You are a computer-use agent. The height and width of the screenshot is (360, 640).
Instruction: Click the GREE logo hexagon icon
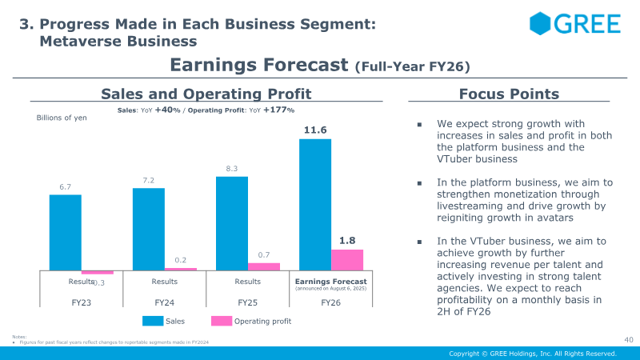pyautogui.click(x=542, y=23)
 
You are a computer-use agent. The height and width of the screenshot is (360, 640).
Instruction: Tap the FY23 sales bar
pyautogui.click(x=66, y=232)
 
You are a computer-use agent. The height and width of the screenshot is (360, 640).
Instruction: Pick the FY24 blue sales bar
pyautogui.click(x=149, y=229)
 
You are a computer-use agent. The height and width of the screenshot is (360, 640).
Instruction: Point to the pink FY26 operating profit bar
pyautogui.click(x=347, y=260)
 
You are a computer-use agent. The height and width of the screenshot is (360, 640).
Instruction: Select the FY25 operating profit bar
pyautogui.click(x=264, y=266)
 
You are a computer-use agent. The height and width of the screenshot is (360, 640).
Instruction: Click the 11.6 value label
pyautogui.click(x=315, y=130)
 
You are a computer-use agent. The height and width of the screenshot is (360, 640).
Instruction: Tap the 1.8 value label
pyautogui.click(x=347, y=239)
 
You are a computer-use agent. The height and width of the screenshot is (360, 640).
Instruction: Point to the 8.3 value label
pyautogui.click(x=232, y=168)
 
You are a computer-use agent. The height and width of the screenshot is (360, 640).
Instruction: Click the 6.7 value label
pyautogui.click(x=66, y=186)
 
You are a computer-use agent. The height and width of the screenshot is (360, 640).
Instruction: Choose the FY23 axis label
pyautogui.click(x=82, y=303)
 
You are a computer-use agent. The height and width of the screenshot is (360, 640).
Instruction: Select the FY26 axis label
pyautogui.click(x=331, y=303)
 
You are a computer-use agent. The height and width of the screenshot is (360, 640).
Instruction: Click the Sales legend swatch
pyautogui.click(x=153, y=321)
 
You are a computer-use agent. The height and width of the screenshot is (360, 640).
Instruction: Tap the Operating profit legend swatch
pyautogui.click(x=221, y=321)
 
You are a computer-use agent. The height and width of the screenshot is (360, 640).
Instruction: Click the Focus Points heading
pyautogui.click(x=509, y=94)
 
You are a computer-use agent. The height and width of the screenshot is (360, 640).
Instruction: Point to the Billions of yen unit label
pyautogui.click(x=62, y=118)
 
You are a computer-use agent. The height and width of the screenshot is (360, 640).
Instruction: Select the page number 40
pyautogui.click(x=628, y=339)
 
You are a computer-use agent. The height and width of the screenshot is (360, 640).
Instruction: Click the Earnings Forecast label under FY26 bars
pyautogui.click(x=331, y=282)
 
